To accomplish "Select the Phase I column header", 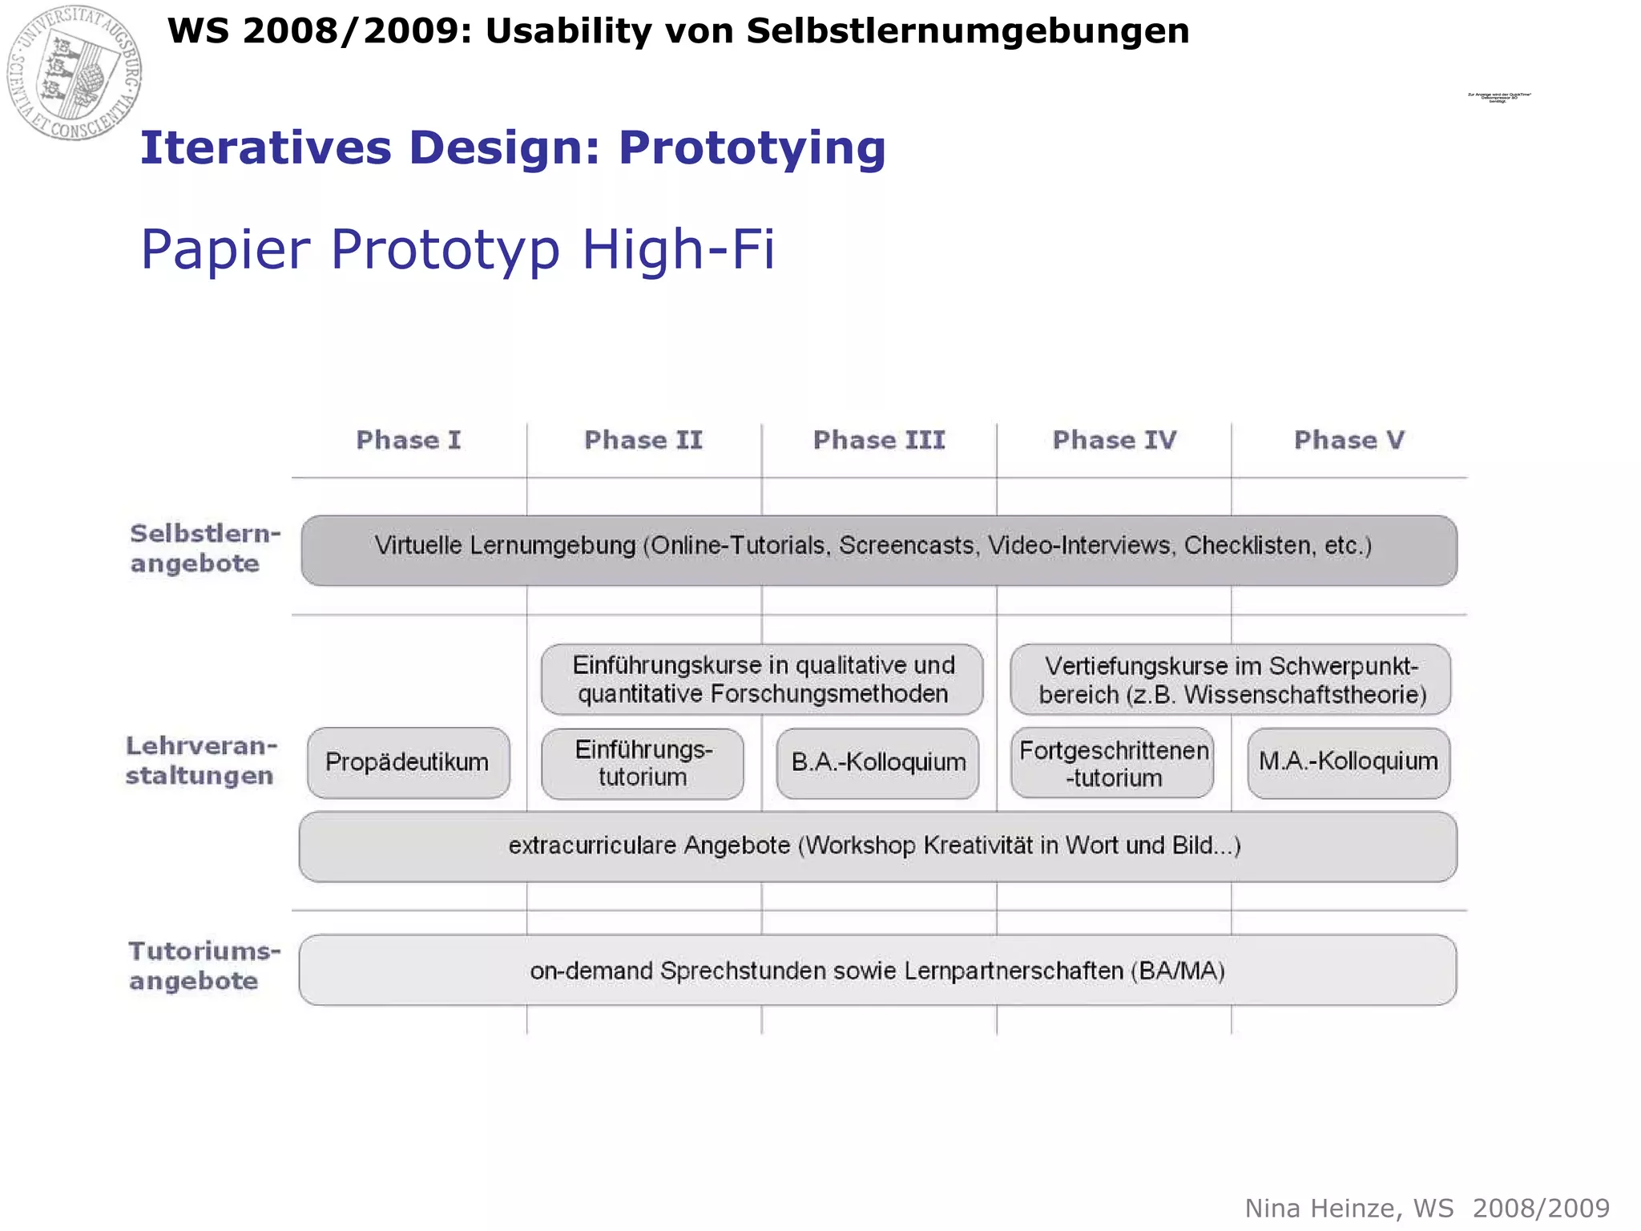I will click(409, 440).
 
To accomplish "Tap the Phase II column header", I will click(643, 440).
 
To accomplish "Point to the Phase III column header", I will click(879, 440).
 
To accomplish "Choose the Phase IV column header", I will click(1114, 440).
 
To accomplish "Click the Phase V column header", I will click(1349, 440).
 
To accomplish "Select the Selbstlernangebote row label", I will click(205, 548).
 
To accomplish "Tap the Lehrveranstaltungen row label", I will click(201, 761).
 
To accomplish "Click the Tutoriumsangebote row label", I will click(204, 966).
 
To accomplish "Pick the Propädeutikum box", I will click(408, 762).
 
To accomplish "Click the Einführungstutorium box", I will click(643, 763).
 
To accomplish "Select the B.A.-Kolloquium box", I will click(878, 762).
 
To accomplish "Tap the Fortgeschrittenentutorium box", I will click(1113, 763).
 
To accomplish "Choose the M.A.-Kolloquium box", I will click(1349, 761).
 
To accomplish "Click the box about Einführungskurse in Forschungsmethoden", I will click(762, 679).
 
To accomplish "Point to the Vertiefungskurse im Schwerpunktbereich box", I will click(1231, 680).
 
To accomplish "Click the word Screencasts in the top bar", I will click(906, 546).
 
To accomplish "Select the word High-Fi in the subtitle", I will click(678, 249).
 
